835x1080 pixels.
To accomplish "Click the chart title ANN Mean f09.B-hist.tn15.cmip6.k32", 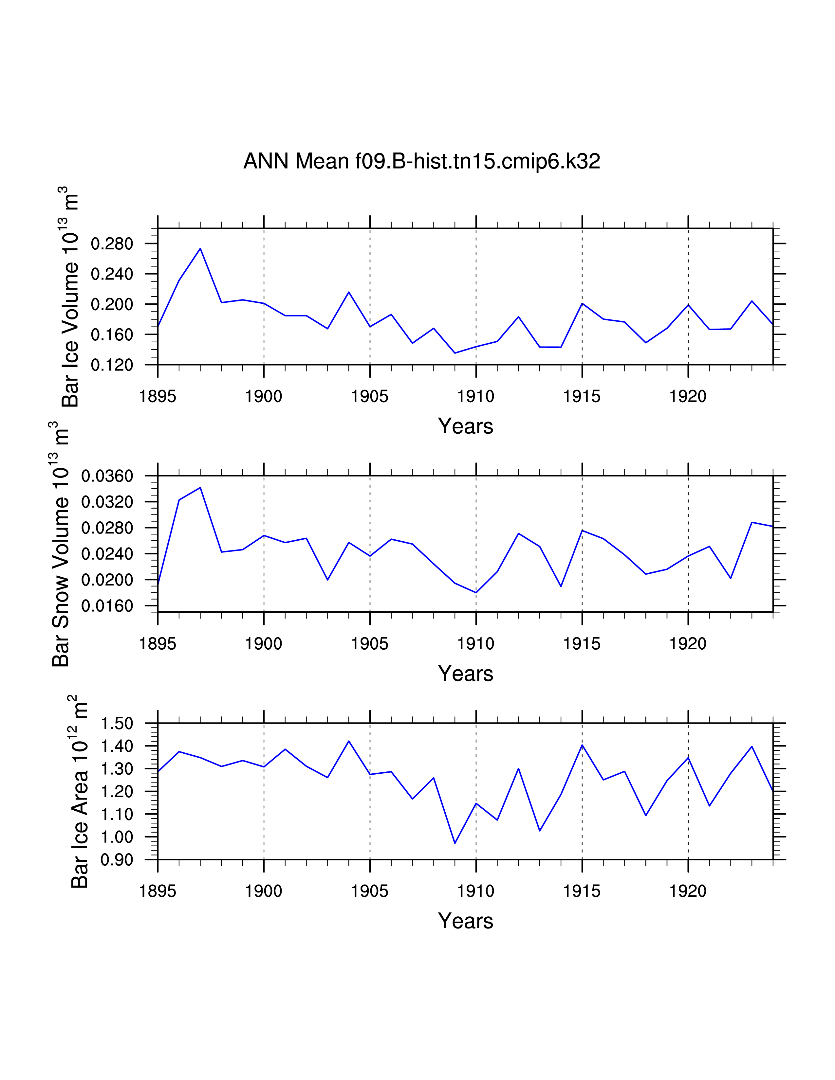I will [421, 161].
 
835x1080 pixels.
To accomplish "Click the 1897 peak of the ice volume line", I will [200, 248].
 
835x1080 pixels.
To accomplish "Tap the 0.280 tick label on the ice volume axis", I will [112, 244].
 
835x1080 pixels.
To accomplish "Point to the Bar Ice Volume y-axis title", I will [71, 297].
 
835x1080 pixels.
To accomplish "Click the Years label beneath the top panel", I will [466, 426].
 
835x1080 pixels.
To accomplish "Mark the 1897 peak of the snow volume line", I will [200, 488].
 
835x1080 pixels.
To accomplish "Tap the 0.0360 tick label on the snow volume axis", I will [107, 476].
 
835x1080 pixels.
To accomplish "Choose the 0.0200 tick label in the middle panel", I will [107, 580].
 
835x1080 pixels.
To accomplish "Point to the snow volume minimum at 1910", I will [476, 592].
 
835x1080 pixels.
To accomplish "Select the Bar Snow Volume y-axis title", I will [61, 544].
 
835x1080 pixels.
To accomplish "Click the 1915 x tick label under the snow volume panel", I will [582, 643].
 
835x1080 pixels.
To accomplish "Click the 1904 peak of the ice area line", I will [349, 741].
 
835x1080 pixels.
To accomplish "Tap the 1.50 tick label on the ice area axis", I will [117, 724].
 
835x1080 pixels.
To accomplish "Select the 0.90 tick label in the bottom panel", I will [117, 860].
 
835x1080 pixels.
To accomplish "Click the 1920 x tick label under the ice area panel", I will [688, 891].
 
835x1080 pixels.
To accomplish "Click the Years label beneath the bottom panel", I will [466, 921].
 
